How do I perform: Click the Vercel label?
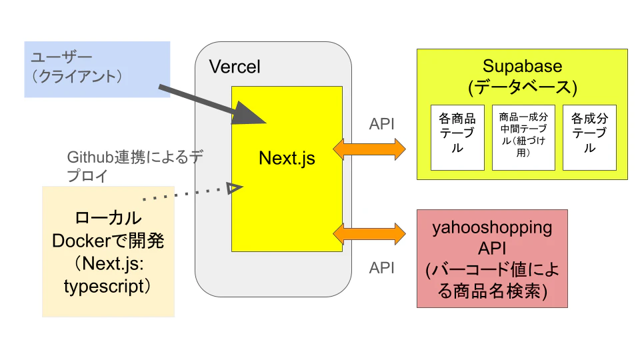(x=235, y=67)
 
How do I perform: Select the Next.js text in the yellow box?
(x=287, y=159)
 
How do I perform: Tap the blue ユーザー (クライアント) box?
(x=97, y=69)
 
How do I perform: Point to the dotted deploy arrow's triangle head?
(x=233, y=188)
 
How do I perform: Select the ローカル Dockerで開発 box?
(x=108, y=250)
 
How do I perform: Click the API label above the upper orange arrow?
(x=381, y=123)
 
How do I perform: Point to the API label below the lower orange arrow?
(x=382, y=268)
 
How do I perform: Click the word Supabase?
(x=522, y=67)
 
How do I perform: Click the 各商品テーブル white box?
(x=457, y=137)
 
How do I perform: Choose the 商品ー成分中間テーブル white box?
(x=523, y=137)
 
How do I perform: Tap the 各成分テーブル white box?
(x=589, y=137)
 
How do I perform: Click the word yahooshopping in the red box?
(x=492, y=227)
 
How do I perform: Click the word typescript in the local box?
(x=104, y=287)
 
